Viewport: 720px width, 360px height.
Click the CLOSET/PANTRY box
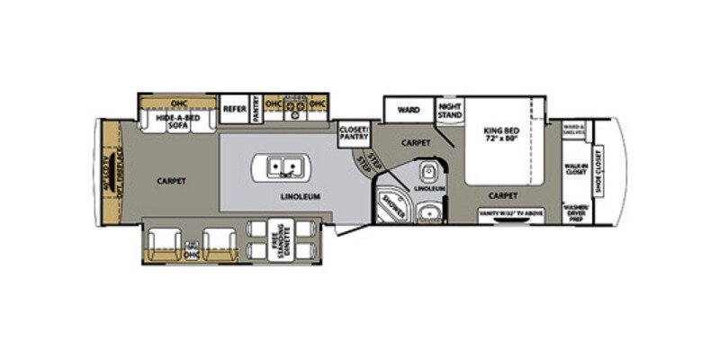(x=353, y=133)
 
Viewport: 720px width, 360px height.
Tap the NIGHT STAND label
(x=449, y=110)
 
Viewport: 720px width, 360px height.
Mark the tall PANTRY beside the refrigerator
(x=256, y=106)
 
